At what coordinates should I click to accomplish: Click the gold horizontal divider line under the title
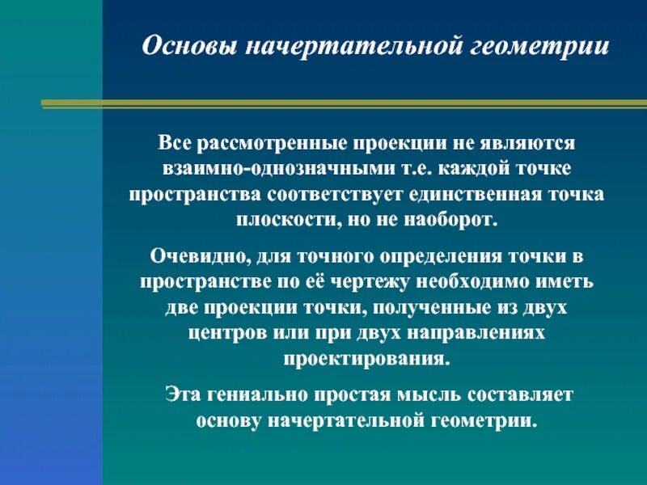pyautogui.click(x=344, y=103)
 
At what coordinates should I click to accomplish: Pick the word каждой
pyautogui.click(x=455, y=171)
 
